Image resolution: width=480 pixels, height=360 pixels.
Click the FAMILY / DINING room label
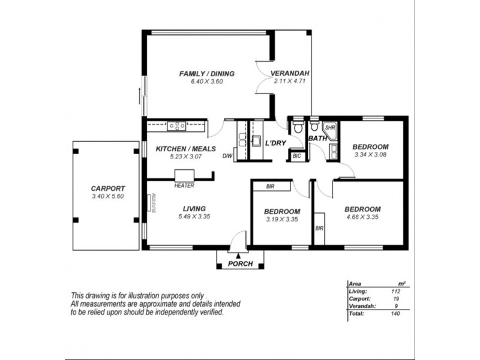click(206, 74)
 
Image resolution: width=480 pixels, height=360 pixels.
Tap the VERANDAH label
click(290, 74)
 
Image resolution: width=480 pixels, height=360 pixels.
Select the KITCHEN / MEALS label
click(179, 149)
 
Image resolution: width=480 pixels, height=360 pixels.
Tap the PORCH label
click(241, 265)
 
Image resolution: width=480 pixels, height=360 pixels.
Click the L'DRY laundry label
click(275, 143)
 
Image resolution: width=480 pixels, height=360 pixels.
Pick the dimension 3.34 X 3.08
click(370, 155)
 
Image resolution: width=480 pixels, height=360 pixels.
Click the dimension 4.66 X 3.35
click(362, 218)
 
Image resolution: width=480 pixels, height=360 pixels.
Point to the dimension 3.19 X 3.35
click(281, 220)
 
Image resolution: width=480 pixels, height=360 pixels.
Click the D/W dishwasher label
click(227, 156)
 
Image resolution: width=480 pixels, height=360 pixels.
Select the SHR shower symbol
click(330, 128)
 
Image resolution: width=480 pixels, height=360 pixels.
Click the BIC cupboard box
click(296, 156)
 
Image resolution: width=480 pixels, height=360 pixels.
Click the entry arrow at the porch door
click(238, 256)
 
